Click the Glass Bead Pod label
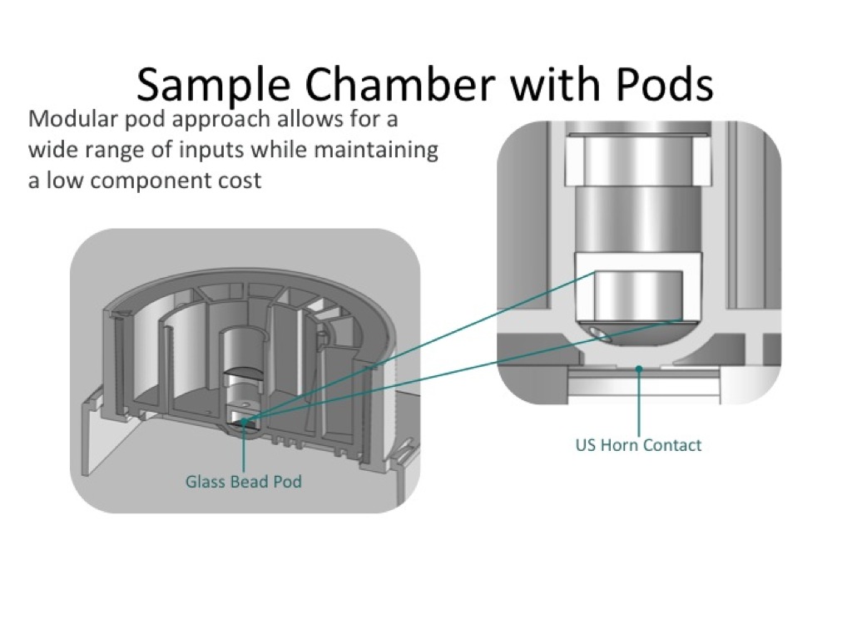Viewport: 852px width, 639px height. pyautogui.click(x=243, y=481)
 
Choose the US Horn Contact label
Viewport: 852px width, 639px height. pyautogui.click(x=638, y=445)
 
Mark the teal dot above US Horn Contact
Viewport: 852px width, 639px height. pyautogui.click(x=638, y=366)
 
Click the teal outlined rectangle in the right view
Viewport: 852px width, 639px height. pyautogui.click(x=638, y=295)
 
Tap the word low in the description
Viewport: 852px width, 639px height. pyautogui.click(x=62, y=181)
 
